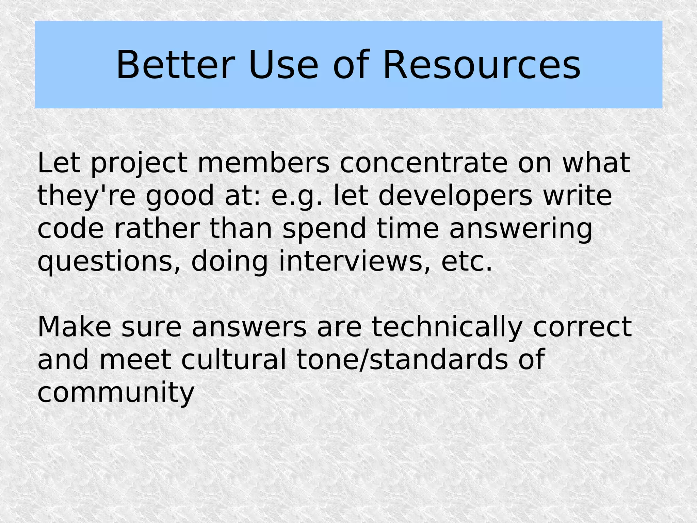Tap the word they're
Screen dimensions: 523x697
86,196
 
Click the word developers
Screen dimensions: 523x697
455,196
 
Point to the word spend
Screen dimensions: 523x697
324,229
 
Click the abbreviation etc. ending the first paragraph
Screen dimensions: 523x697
467,261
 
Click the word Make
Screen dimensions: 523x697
74,327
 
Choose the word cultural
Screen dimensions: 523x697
234,360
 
